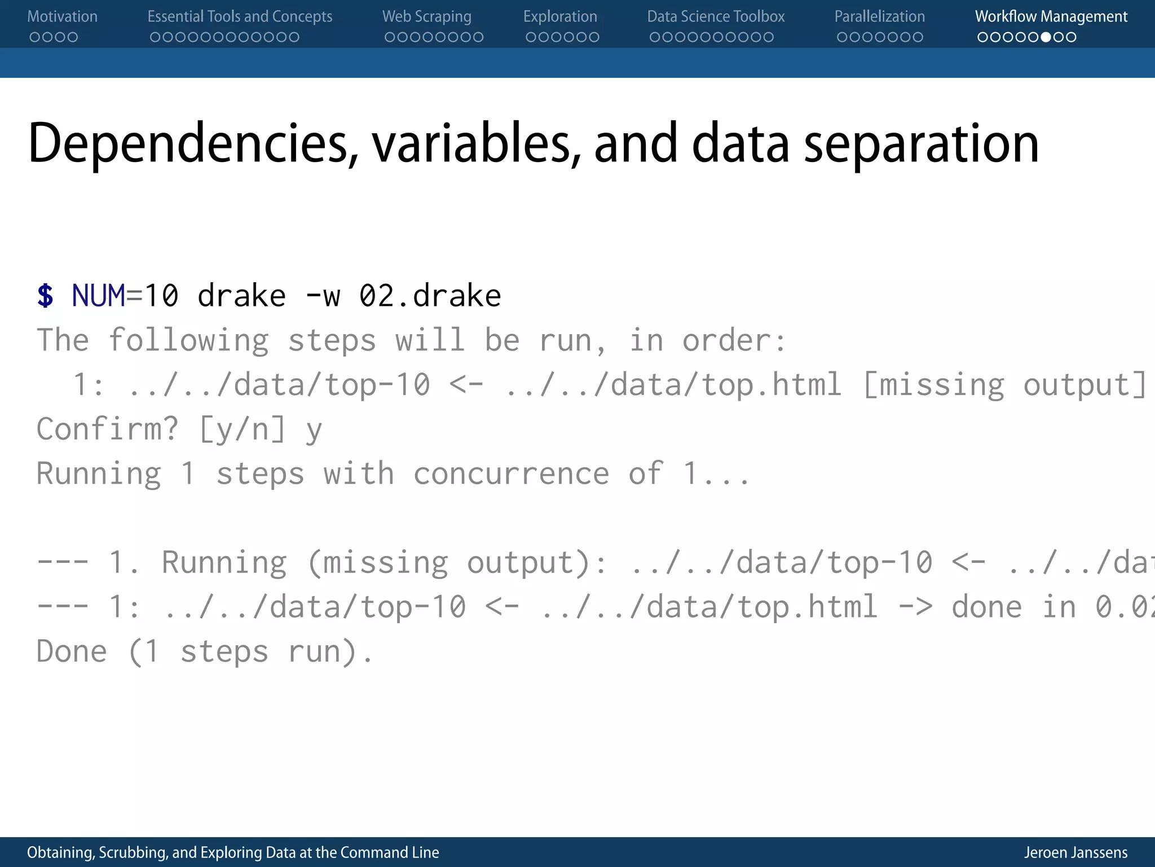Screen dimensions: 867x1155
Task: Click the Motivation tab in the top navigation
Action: click(62, 16)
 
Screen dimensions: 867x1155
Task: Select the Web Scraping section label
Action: click(426, 16)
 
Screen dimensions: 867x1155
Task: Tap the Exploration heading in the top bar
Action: click(559, 16)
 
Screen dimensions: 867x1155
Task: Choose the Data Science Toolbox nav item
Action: click(715, 16)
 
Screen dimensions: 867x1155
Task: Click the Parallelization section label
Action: click(879, 16)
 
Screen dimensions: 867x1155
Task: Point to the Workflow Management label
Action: click(1051, 16)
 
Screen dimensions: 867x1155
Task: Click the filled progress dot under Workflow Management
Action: click(1046, 37)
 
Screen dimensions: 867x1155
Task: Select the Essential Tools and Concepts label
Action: click(240, 16)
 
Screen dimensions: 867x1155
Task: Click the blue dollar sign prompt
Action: click(45, 296)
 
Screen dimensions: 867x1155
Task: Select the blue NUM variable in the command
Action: click(98, 296)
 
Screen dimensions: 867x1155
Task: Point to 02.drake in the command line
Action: click(430, 296)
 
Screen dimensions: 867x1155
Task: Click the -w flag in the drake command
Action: click(323, 296)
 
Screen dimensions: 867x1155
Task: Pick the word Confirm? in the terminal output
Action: click(107, 429)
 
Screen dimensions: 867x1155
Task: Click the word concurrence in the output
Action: click(511, 473)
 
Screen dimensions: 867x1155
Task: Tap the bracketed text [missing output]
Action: click(1004, 385)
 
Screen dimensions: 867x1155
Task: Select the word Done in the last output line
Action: click(72, 651)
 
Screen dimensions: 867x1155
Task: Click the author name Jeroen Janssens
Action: click(1075, 852)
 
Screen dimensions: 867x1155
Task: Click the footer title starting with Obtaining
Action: click(233, 852)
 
